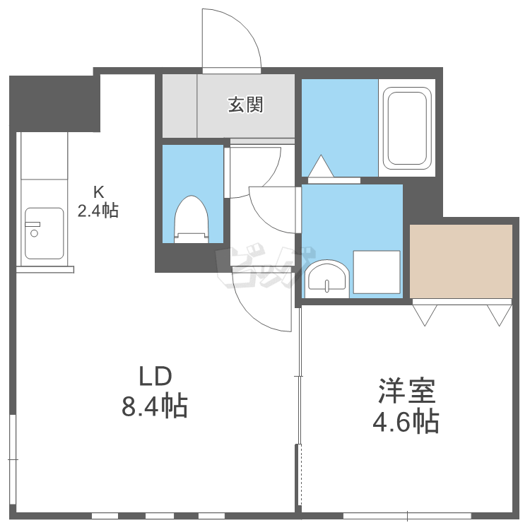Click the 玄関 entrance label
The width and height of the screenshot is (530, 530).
coord(246,105)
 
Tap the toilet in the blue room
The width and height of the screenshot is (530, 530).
coord(191,219)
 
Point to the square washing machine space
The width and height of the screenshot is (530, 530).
coord(377,272)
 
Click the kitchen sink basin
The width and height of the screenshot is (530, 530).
coord(45,233)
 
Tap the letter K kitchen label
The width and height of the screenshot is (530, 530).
coord(98,192)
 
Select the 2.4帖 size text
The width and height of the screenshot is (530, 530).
coord(98,211)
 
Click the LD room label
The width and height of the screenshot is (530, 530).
coord(155,377)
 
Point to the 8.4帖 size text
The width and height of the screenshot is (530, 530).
coord(155,406)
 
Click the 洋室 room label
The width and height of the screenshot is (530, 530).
coord(406,391)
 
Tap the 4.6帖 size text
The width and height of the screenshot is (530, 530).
coord(406,421)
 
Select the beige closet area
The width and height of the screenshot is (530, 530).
coord(461,261)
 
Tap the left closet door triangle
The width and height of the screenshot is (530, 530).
coord(425,315)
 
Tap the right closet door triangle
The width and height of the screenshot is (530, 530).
coord(499,315)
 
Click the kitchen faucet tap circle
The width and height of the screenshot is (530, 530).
coord(34,233)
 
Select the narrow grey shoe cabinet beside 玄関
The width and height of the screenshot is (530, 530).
coord(179,106)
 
